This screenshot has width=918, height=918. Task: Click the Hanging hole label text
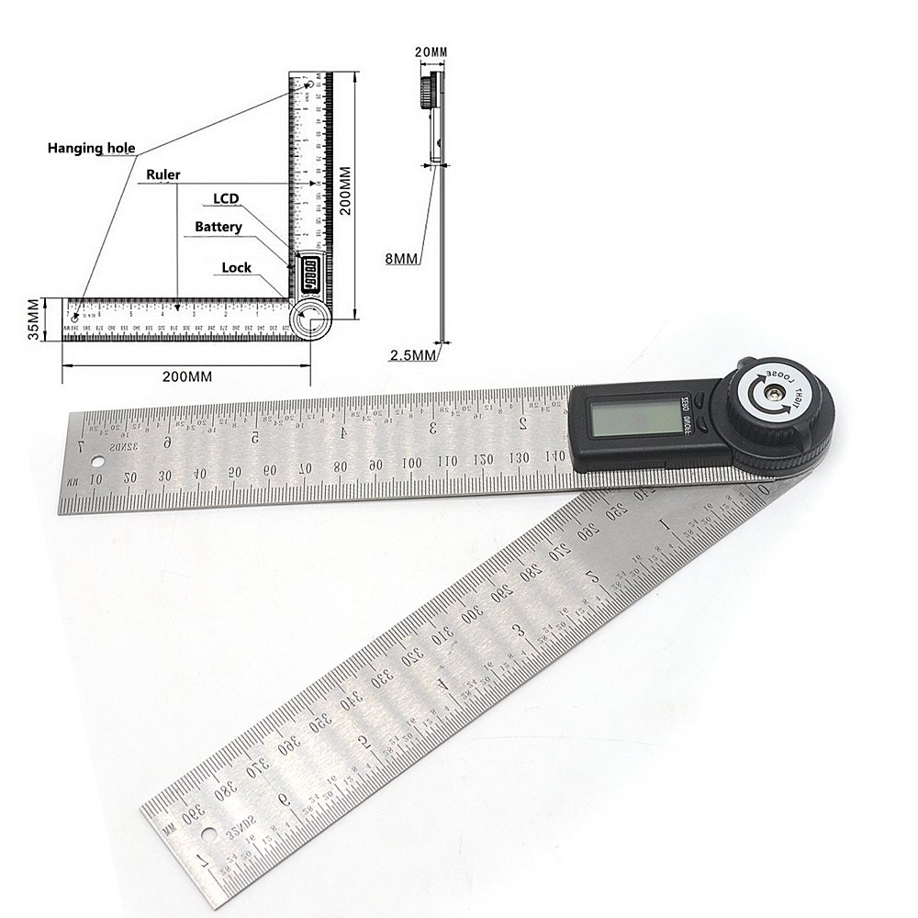91,148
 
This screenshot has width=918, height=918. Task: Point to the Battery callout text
218,226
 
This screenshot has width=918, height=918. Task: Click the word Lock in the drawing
236,268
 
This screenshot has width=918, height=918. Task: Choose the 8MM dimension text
402,260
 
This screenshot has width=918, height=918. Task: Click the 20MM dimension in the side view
431,53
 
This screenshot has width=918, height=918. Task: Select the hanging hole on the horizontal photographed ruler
95,477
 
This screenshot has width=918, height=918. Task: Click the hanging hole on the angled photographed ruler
201,836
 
